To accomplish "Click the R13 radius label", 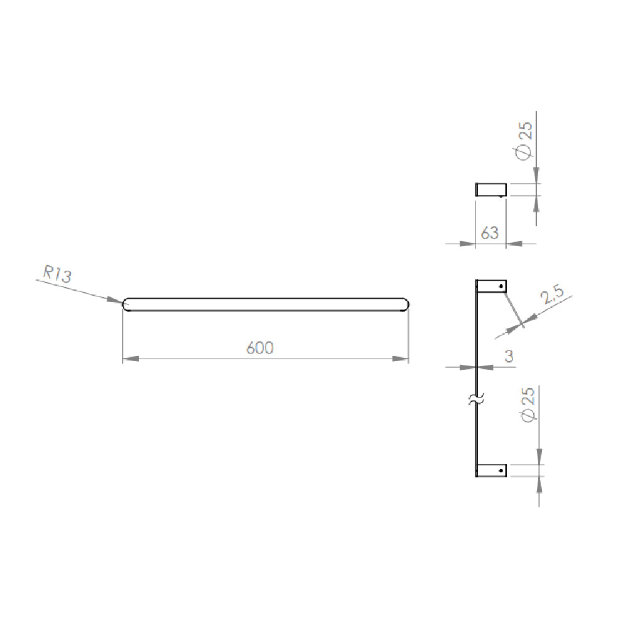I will pyautogui.click(x=57, y=274).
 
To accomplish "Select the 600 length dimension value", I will pyautogui.click(x=259, y=348).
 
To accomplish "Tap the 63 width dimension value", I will pyautogui.click(x=490, y=233).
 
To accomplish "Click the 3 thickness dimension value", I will pyautogui.click(x=509, y=356).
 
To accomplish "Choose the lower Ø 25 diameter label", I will pyautogui.click(x=527, y=405).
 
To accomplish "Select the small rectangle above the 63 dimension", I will pyautogui.click(x=490, y=190).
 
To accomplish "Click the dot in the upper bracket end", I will pyautogui.click(x=501, y=286).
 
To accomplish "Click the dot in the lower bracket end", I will pyautogui.click(x=501, y=470).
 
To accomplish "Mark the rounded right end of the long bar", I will pyautogui.click(x=404, y=305).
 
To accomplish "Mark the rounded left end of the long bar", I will pyautogui.click(x=126, y=305).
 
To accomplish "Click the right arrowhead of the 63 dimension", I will pyautogui.click(x=514, y=244).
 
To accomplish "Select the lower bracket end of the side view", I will pyautogui.click(x=492, y=470).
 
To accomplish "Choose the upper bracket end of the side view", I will pyautogui.click(x=492, y=286).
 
